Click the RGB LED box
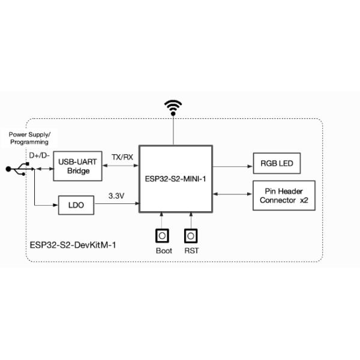coord(277,163)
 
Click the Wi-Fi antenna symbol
coord(173,109)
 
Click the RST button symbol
coord(191,235)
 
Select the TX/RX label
coord(122,157)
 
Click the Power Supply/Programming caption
coord(29,138)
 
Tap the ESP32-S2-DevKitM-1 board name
coord(72,245)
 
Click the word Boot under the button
coord(163,251)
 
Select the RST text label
coord(191,251)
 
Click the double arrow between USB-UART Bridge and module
coord(121,166)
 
